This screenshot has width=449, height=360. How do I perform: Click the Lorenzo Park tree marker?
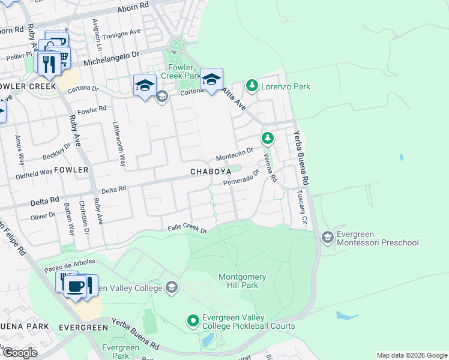252,86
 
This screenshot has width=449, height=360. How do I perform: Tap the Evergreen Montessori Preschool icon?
328,238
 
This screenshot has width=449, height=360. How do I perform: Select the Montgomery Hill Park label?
238,280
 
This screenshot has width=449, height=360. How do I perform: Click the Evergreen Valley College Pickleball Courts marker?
193,321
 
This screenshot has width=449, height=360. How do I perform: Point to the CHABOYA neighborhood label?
211,172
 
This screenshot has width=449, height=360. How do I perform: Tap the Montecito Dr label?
235,154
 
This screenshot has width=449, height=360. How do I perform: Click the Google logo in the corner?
20,353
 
